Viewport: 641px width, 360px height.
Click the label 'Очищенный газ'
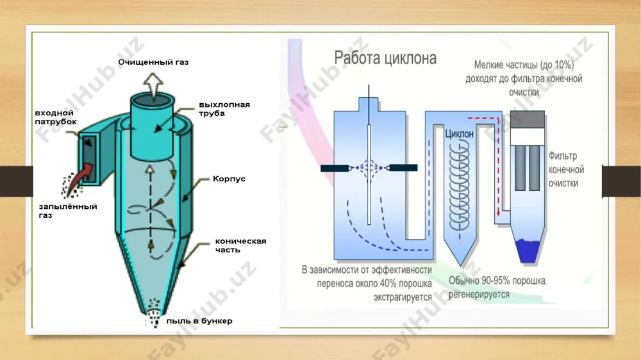point(153,62)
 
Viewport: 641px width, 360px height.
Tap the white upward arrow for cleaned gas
point(153,86)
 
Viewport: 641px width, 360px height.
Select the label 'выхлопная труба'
point(224,109)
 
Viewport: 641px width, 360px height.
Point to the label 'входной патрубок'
point(56,117)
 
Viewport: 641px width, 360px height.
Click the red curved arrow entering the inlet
point(79,177)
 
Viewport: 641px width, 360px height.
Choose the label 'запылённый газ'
point(68,211)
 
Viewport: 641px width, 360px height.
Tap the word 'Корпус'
point(229,179)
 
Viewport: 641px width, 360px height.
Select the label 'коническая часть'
point(240,245)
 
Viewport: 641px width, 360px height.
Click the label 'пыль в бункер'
point(199,321)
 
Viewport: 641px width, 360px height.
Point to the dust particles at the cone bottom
point(153,313)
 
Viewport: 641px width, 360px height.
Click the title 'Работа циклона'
point(385,58)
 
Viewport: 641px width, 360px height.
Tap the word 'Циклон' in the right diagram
point(460,134)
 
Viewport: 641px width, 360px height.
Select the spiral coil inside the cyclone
point(460,184)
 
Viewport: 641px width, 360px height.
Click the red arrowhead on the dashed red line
point(498,213)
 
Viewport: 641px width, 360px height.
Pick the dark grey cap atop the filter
point(528,119)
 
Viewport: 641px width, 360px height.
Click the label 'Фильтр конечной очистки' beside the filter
point(566,170)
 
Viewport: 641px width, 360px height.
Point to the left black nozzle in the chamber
point(335,168)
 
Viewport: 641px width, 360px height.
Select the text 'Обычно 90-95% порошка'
point(497,281)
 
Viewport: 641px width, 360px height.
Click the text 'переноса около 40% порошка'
point(374,283)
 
